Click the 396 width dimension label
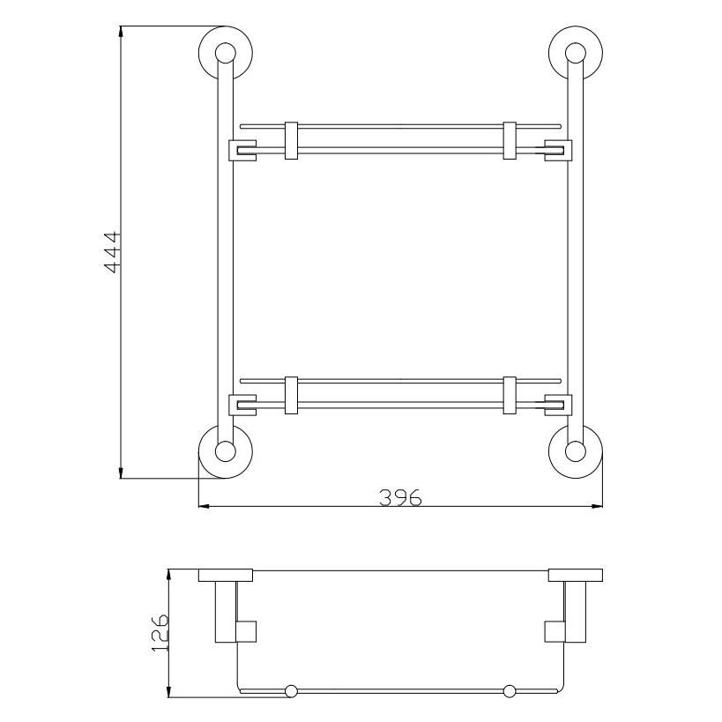tap(400, 498)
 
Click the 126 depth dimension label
tap(160, 632)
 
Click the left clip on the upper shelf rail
tap(291, 140)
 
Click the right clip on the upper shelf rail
tap(510, 140)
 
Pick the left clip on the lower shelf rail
tap(291, 395)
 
